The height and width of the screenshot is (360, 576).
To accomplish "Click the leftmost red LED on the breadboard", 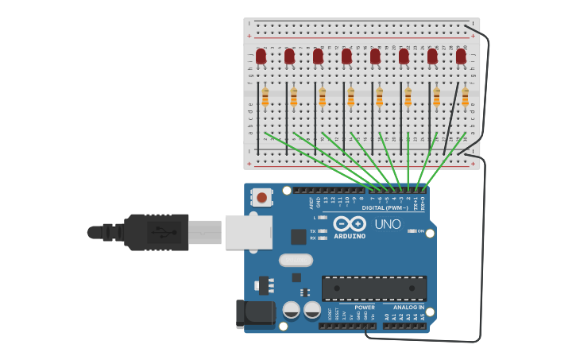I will (261, 56).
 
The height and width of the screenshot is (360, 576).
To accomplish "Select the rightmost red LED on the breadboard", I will (461, 56).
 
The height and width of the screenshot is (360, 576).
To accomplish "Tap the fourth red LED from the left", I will (346, 56).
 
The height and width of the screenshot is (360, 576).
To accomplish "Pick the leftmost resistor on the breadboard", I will (265, 97).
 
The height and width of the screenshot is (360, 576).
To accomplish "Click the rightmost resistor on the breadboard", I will (465, 97).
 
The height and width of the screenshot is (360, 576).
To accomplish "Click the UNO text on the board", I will (388, 224).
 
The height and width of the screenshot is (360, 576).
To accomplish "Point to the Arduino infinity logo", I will (350, 224).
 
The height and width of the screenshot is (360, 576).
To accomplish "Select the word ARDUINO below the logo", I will (350, 236).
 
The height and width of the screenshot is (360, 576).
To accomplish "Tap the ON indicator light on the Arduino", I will (412, 231).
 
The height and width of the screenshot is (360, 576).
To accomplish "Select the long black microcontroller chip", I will (373, 288).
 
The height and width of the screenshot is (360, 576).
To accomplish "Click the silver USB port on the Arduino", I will (248, 232).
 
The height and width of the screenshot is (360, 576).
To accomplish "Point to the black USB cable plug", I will (156, 232).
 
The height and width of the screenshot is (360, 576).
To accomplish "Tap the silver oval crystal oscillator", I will (296, 260).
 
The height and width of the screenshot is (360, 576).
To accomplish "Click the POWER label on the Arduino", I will (365, 307).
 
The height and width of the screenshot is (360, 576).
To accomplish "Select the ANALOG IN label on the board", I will (404, 307).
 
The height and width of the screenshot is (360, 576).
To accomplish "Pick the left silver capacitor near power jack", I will (292, 309).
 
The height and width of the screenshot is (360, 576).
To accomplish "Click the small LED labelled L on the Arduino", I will (323, 217).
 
